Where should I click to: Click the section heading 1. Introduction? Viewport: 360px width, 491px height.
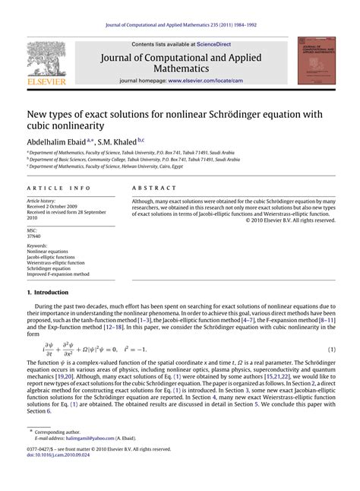(x=50, y=293)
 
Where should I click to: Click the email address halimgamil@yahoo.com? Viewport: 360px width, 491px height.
(x=88, y=439)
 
